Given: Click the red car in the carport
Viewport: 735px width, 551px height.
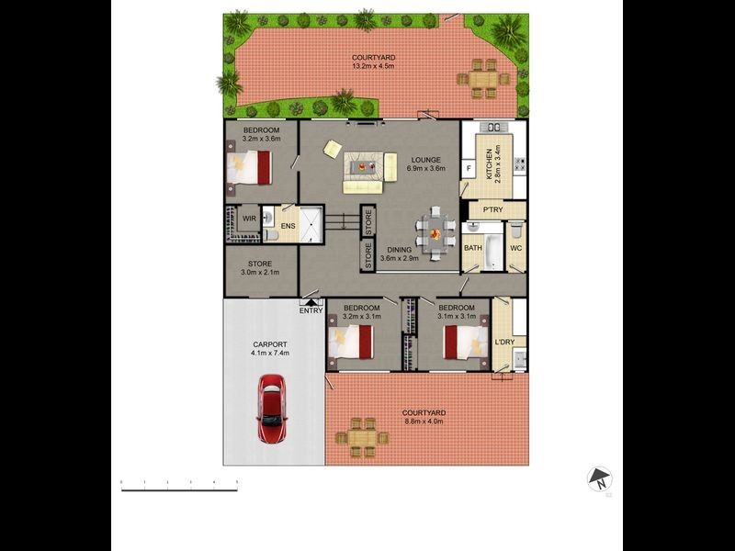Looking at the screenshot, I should coord(271,410).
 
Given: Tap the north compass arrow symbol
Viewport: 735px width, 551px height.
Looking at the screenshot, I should coord(600,478).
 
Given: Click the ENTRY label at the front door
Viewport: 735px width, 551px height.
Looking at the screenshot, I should coord(311,310).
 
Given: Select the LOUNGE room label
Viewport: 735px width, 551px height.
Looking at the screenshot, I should coord(425,160).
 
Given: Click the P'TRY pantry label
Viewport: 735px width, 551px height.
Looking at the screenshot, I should coord(492,210).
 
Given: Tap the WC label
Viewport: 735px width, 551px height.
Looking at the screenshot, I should coord(515,248).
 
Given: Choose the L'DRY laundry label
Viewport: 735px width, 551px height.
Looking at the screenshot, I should coord(503,343).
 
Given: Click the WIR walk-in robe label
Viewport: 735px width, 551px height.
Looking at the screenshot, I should coord(249,219).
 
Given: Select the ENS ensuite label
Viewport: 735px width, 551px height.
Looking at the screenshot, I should coord(288,226).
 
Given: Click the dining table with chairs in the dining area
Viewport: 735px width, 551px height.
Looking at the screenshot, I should coord(435,231).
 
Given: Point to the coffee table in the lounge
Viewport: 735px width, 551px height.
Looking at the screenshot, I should coord(367,167).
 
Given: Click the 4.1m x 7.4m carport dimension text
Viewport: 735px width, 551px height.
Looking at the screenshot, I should coord(270,353).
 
